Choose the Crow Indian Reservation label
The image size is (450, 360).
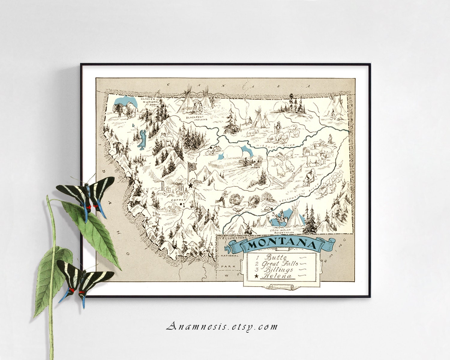[x=281, y=231]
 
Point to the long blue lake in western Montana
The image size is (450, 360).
[x=141, y=139]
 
